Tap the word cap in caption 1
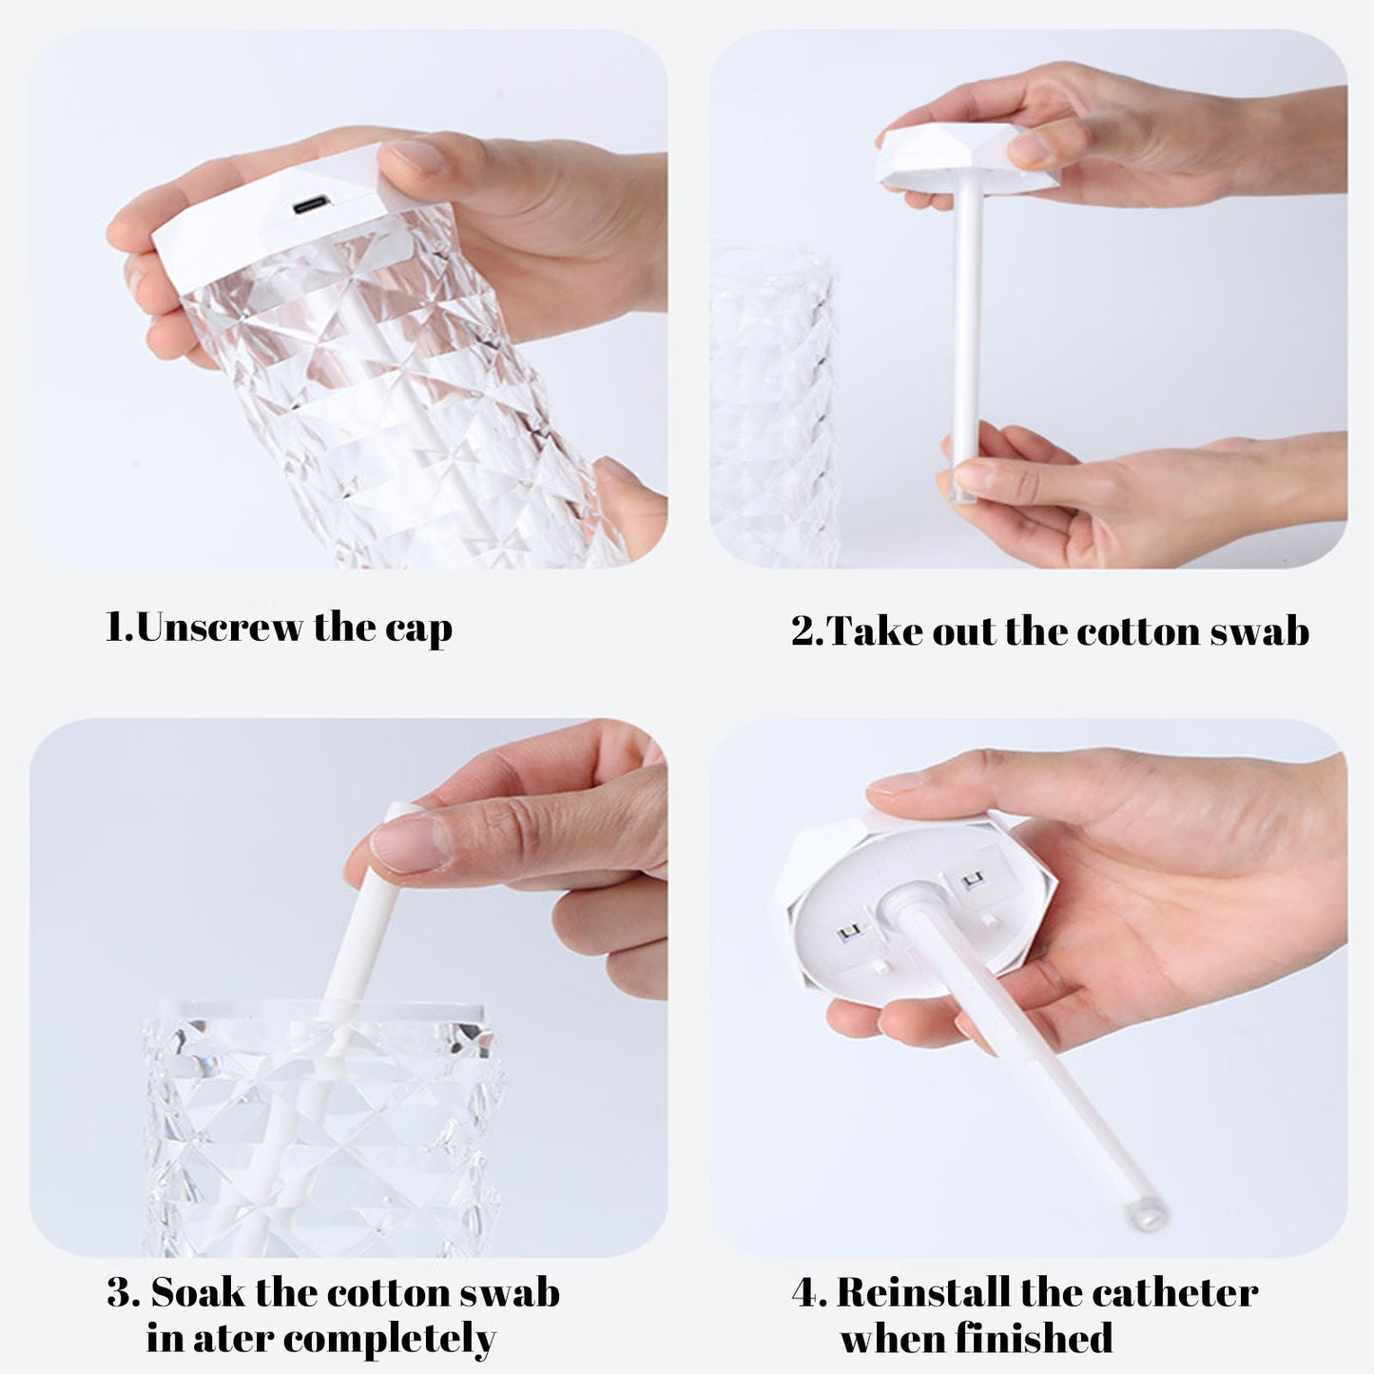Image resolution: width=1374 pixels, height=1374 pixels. pyautogui.click(x=418, y=629)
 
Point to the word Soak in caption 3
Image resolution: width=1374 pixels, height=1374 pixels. pyautogui.click(x=198, y=1293)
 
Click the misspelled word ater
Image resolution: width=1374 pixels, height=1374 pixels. pyautogui.click(x=234, y=1339)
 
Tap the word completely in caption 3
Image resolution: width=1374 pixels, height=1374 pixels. pyautogui.click(x=390, y=1339)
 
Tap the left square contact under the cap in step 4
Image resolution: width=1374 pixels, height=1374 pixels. pyautogui.click(x=848, y=934)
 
